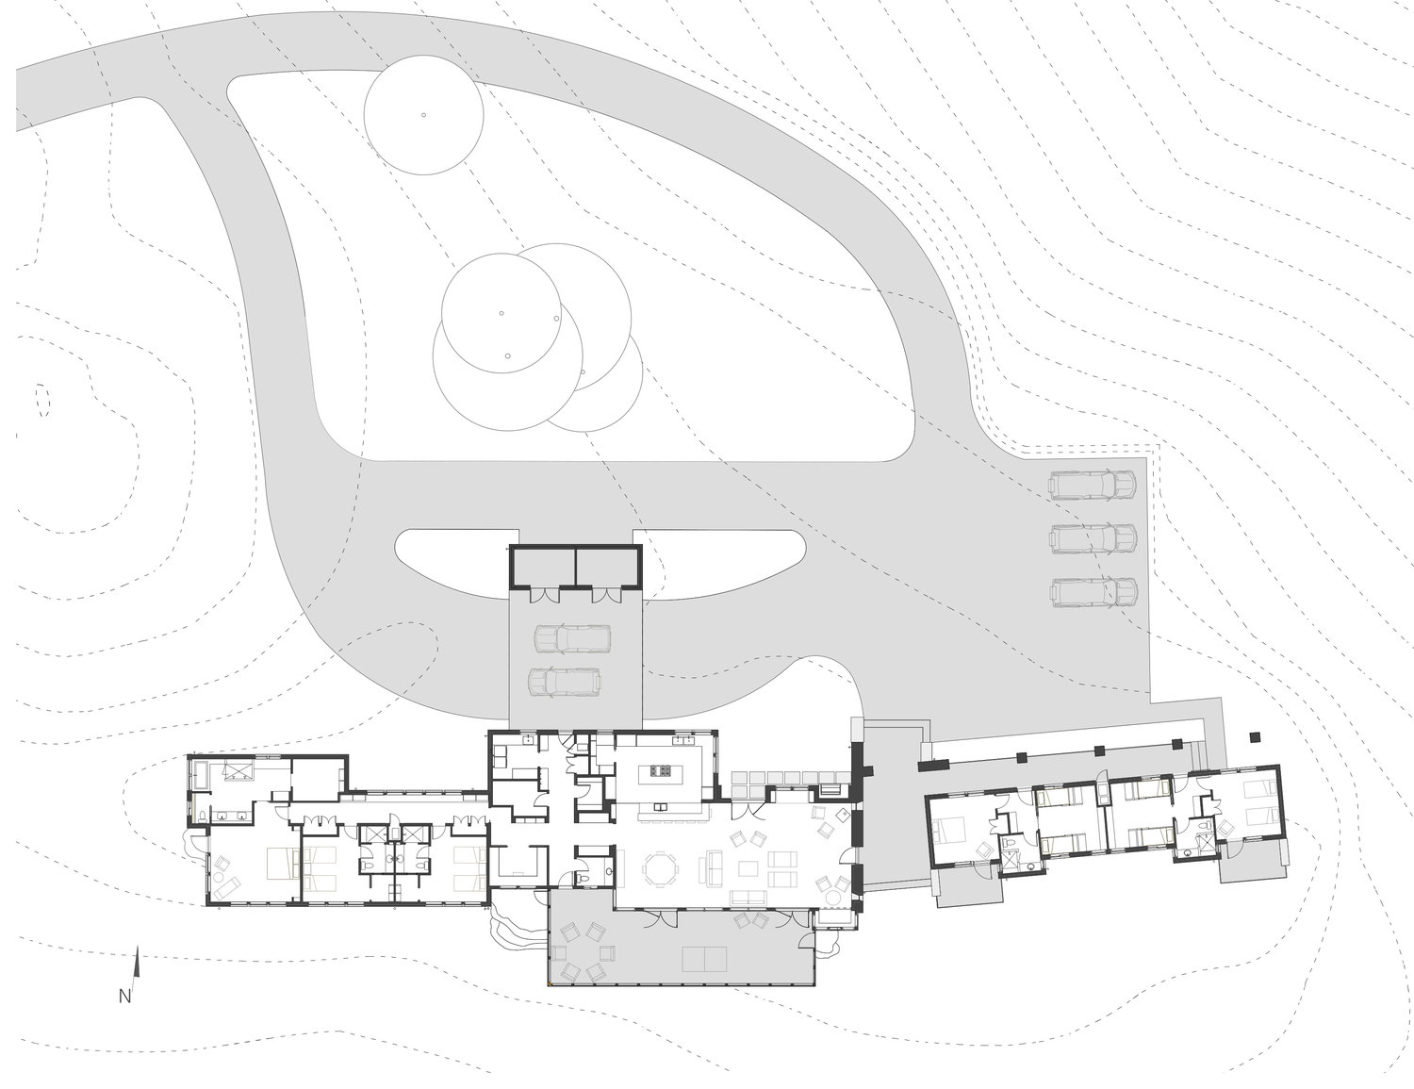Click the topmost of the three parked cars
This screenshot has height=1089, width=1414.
click(x=1093, y=484)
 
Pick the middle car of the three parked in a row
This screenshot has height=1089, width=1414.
click(x=1093, y=537)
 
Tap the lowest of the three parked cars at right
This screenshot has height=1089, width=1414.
click(x=1093, y=591)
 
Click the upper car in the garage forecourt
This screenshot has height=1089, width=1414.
click(x=572, y=639)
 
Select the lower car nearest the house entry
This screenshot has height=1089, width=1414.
click(x=564, y=682)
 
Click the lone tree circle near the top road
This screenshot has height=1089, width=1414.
click(x=423, y=114)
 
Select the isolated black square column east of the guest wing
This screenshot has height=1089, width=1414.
click(x=1256, y=737)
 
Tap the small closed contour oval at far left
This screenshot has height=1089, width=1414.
click(x=42, y=400)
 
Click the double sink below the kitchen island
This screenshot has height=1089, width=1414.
click(x=661, y=808)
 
